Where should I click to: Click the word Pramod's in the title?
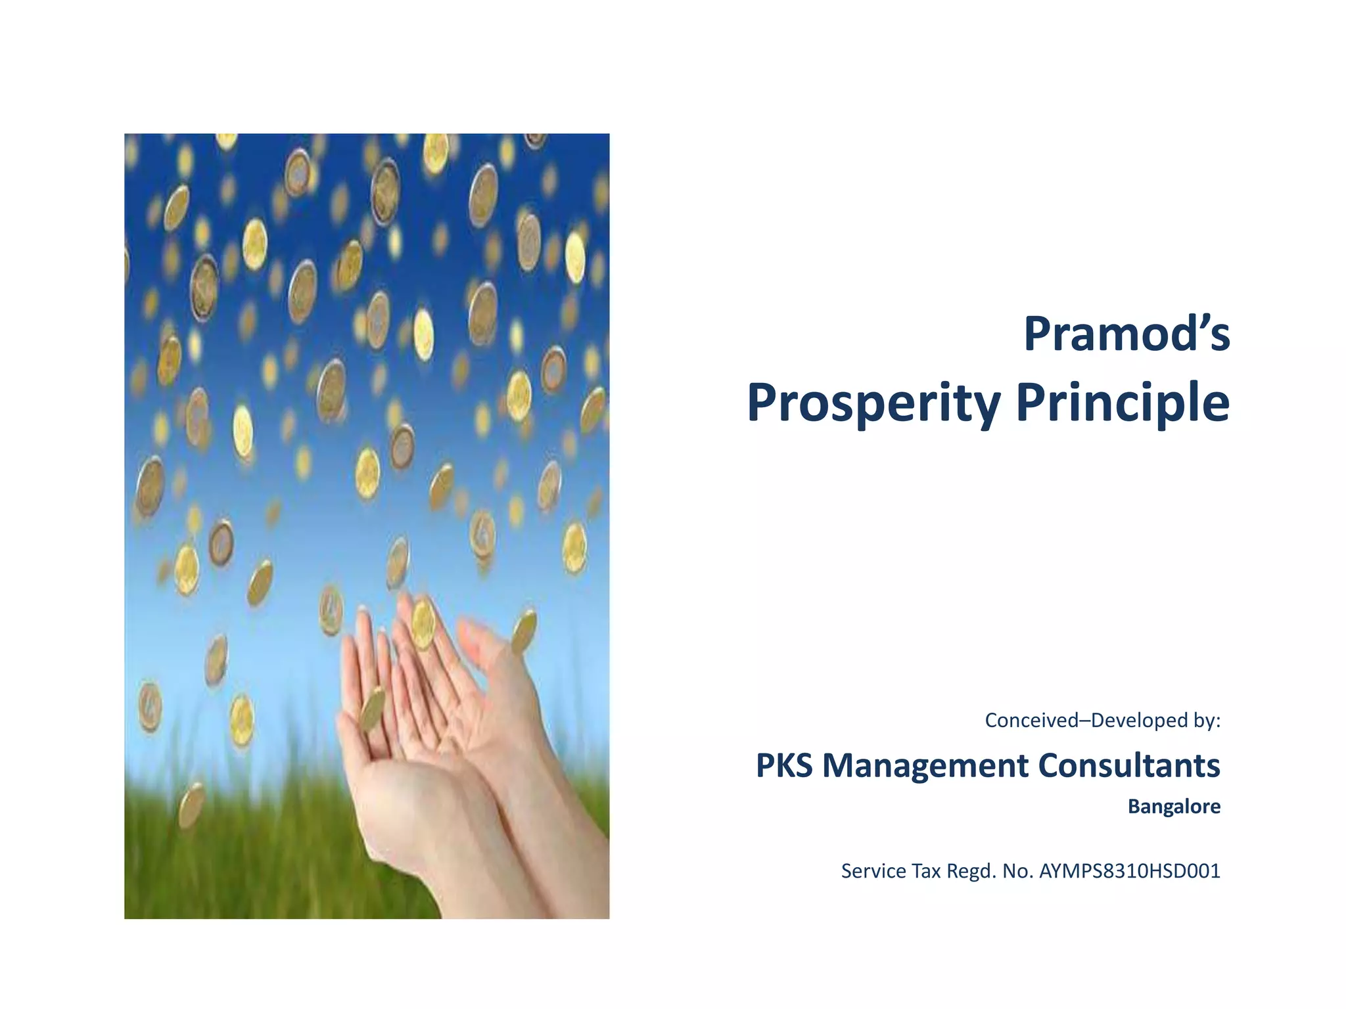coord(1126,334)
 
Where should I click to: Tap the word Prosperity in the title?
coord(873,402)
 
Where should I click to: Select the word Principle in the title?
coord(1123,402)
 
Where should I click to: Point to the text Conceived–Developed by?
coord(1102,721)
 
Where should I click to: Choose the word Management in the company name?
coord(925,765)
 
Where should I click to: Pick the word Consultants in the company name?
coord(1128,765)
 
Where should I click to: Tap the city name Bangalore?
coord(1174,806)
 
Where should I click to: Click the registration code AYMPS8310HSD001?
coord(1129,871)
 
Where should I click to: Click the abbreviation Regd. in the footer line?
coord(971,871)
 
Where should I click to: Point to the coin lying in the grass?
coord(191,805)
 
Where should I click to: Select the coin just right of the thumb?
coord(524,631)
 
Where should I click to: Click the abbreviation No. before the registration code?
coord(1017,871)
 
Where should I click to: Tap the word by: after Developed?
coord(1205,721)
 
